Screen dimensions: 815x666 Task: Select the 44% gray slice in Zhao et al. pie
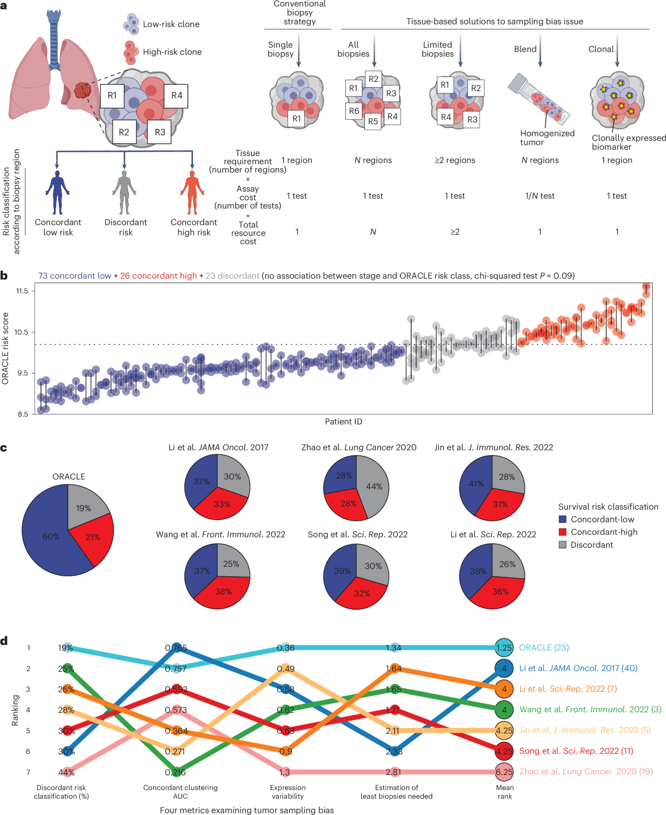[373, 486]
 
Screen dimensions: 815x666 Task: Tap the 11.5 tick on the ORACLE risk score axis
[22, 291]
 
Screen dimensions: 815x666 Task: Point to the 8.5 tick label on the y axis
[22, 414]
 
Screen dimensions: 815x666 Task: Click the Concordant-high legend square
[562, 532]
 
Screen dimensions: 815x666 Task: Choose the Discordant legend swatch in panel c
[562, 545]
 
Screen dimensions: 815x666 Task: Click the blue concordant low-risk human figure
[58, 193]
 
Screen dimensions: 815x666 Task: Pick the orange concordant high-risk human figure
[192, 193]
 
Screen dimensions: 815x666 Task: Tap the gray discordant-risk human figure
[124, 193]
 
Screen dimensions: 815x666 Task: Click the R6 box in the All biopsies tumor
[354, 111]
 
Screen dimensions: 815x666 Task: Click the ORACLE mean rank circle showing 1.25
[504, 648]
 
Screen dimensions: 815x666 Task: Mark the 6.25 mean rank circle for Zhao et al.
[504, 772]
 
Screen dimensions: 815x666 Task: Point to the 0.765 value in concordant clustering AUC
[176, 648]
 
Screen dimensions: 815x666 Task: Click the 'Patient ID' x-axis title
[344, 421]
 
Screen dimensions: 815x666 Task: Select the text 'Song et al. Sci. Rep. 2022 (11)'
[576, 751]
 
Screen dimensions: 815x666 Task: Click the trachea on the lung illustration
[54, 39]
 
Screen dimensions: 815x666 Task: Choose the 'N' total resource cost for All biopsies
[373, 232]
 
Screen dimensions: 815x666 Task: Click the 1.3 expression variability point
[285, 772]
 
